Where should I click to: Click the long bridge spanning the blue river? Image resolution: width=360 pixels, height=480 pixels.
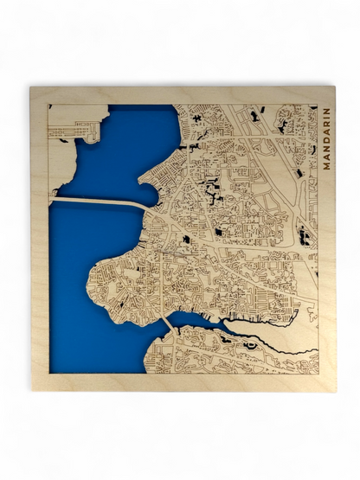(95, 202)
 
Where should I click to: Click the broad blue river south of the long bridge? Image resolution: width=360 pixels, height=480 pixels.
(78, 285)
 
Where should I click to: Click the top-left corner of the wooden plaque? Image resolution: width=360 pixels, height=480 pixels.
(30, 87)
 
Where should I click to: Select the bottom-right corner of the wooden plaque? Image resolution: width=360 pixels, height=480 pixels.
(335, 391)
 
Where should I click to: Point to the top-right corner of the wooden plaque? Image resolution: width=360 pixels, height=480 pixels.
(335, 87)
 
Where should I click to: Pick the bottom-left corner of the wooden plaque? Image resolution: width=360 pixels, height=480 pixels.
(30, 391)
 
